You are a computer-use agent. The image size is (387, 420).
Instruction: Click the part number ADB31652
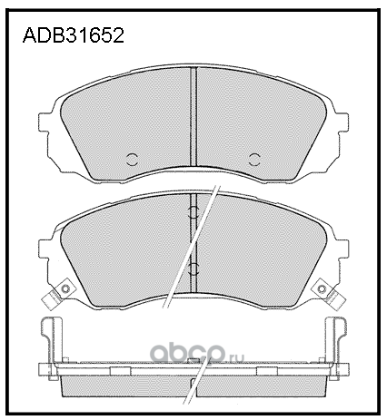click(x=74, y=35)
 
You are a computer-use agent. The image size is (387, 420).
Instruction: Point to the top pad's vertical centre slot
click(x=193, y=116)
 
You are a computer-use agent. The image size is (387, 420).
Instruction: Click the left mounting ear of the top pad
click(x=45, y=122)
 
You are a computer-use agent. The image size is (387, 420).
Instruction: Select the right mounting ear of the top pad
click(x=342, y=122)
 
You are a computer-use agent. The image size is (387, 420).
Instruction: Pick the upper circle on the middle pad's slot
click(x=193, y=212)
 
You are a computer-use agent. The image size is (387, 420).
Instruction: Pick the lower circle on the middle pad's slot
click(x=193, y=269)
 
